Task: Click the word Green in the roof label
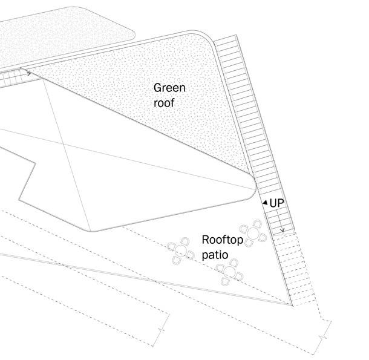click(169, 88)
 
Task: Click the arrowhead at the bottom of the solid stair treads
click(282, 230)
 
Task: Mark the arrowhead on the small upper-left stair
click(28, 74)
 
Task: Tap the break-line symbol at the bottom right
click(327, 330)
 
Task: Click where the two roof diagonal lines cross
click(65, 143)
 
